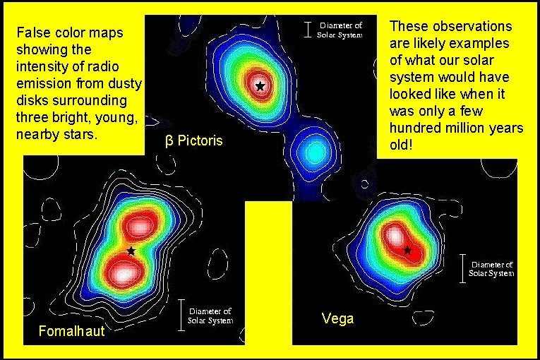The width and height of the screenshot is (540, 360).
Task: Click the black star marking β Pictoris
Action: pos(260,85)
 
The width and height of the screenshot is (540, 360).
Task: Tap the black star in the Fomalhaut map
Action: pos(131,251)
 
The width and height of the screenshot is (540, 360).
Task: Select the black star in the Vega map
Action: pos(407,249)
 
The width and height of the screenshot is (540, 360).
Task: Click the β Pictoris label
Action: pos(193,140)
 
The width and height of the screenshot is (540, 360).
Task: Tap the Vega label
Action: pos(337,318)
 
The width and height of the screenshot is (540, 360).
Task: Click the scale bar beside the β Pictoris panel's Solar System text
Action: pos(307,29)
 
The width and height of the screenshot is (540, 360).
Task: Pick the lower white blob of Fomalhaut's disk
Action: pos(124,272)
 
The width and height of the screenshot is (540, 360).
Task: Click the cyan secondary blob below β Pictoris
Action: pos(308,150)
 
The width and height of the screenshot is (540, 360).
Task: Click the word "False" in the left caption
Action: pos(31,33)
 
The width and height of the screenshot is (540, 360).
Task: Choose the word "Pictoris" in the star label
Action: pos(200,140)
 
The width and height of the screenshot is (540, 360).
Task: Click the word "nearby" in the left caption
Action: pos(38,134)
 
